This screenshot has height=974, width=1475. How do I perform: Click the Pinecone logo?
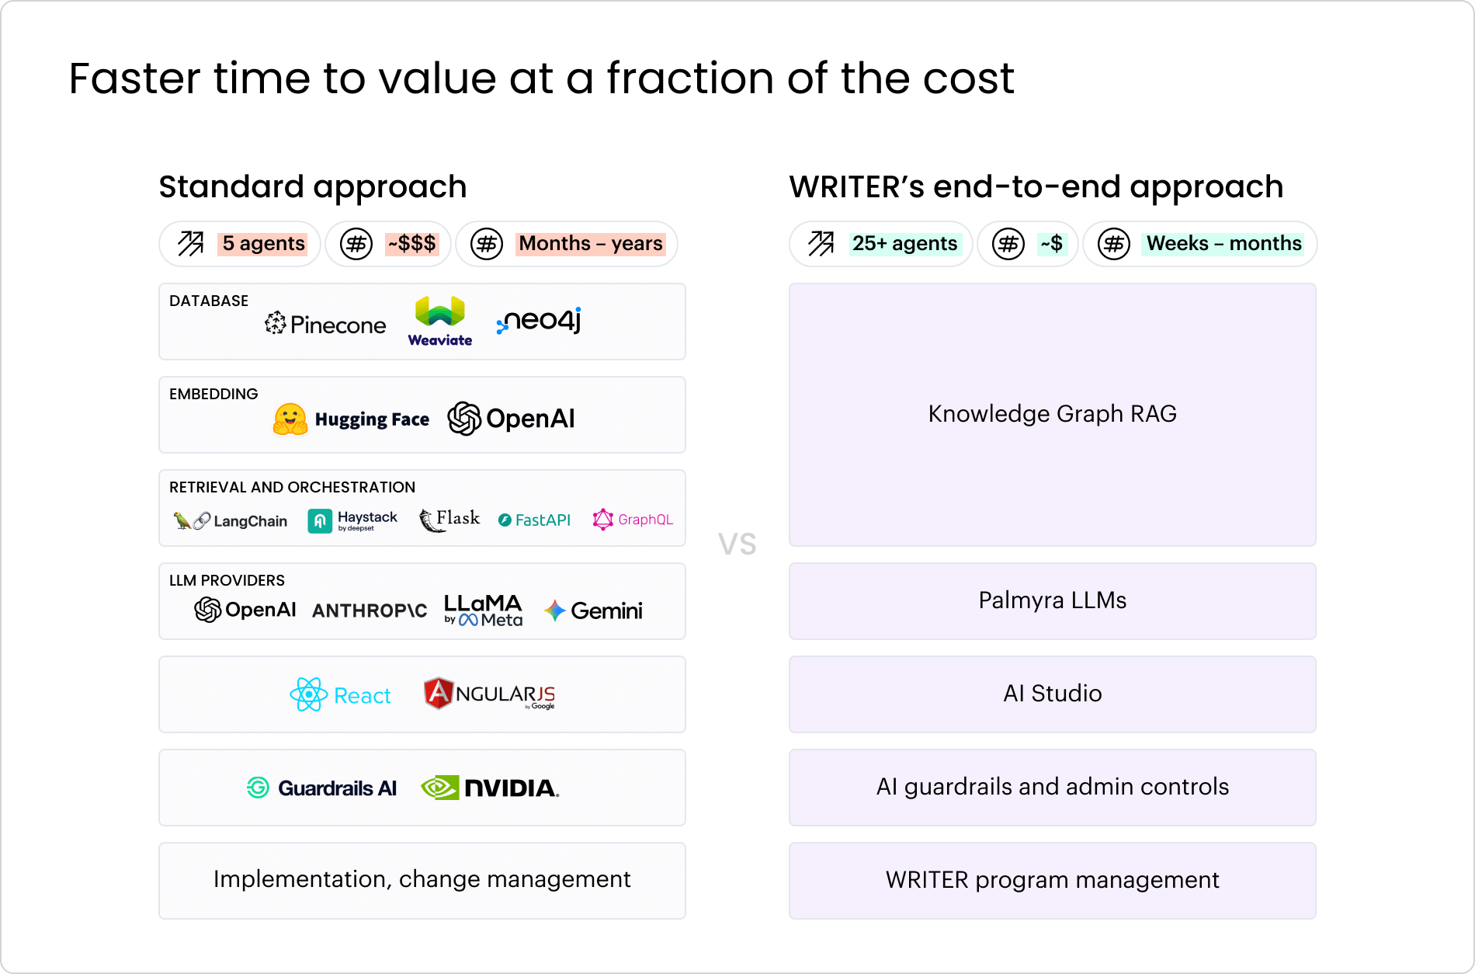(325, 324)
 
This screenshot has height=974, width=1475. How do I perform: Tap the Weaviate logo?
(440, 321)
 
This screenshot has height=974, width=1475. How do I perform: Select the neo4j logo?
(539, 321)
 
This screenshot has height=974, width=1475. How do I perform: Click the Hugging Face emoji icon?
(290, 419)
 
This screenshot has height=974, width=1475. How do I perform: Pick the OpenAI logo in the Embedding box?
(511, 419)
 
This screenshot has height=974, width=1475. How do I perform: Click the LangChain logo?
(230, 520)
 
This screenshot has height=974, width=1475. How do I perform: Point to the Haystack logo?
(352, 520)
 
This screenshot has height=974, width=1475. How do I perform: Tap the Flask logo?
(449, 520)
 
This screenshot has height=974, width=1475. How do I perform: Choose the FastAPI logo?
(534, 520)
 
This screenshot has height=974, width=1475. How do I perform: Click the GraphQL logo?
(633, 520)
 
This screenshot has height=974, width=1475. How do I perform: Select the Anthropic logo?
(370, 610)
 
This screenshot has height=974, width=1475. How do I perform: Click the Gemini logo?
(593, 610)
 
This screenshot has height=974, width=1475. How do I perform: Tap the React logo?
(340, 694)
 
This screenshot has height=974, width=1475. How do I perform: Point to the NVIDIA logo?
(490, 788)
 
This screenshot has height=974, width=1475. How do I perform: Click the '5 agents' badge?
(263, 244)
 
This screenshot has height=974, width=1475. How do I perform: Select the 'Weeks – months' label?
(1223, 244)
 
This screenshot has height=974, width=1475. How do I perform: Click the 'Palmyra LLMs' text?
(1052, 600)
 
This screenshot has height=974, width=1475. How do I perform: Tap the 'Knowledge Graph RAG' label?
(1052, 414)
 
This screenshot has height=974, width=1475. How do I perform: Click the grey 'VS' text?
(737, 544)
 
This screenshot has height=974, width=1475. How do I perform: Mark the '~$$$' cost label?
(412, 244)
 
